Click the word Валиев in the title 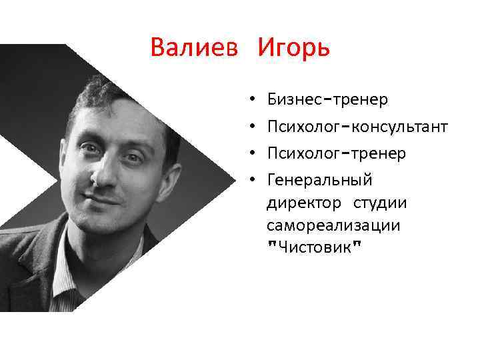point(194,48)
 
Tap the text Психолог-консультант point(357,127)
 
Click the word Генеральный point(319,180)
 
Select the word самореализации point(333,225)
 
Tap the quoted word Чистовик point(314,247)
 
